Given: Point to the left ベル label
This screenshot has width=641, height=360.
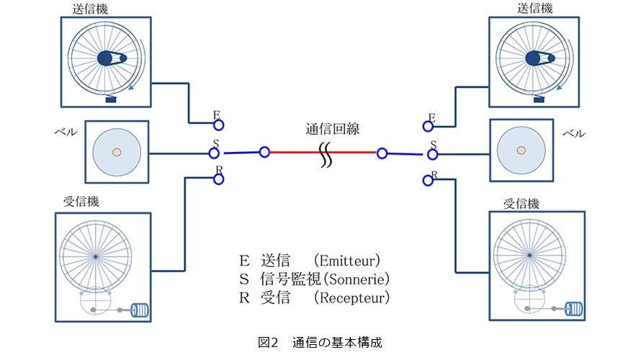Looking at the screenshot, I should coord(66,134).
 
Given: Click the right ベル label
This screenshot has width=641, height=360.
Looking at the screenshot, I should coord(574,134).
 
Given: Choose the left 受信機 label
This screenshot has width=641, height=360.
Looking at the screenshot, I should coord(81,202).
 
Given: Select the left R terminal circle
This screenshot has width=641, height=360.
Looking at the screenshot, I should coord(218,180).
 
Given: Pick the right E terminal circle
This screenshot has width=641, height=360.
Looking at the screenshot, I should coord(428,126).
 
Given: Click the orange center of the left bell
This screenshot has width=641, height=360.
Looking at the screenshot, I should coord(117,153).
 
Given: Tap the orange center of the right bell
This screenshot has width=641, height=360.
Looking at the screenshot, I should coord(521,150).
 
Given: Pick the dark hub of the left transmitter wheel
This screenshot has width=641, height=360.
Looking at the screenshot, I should coord(105,58).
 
